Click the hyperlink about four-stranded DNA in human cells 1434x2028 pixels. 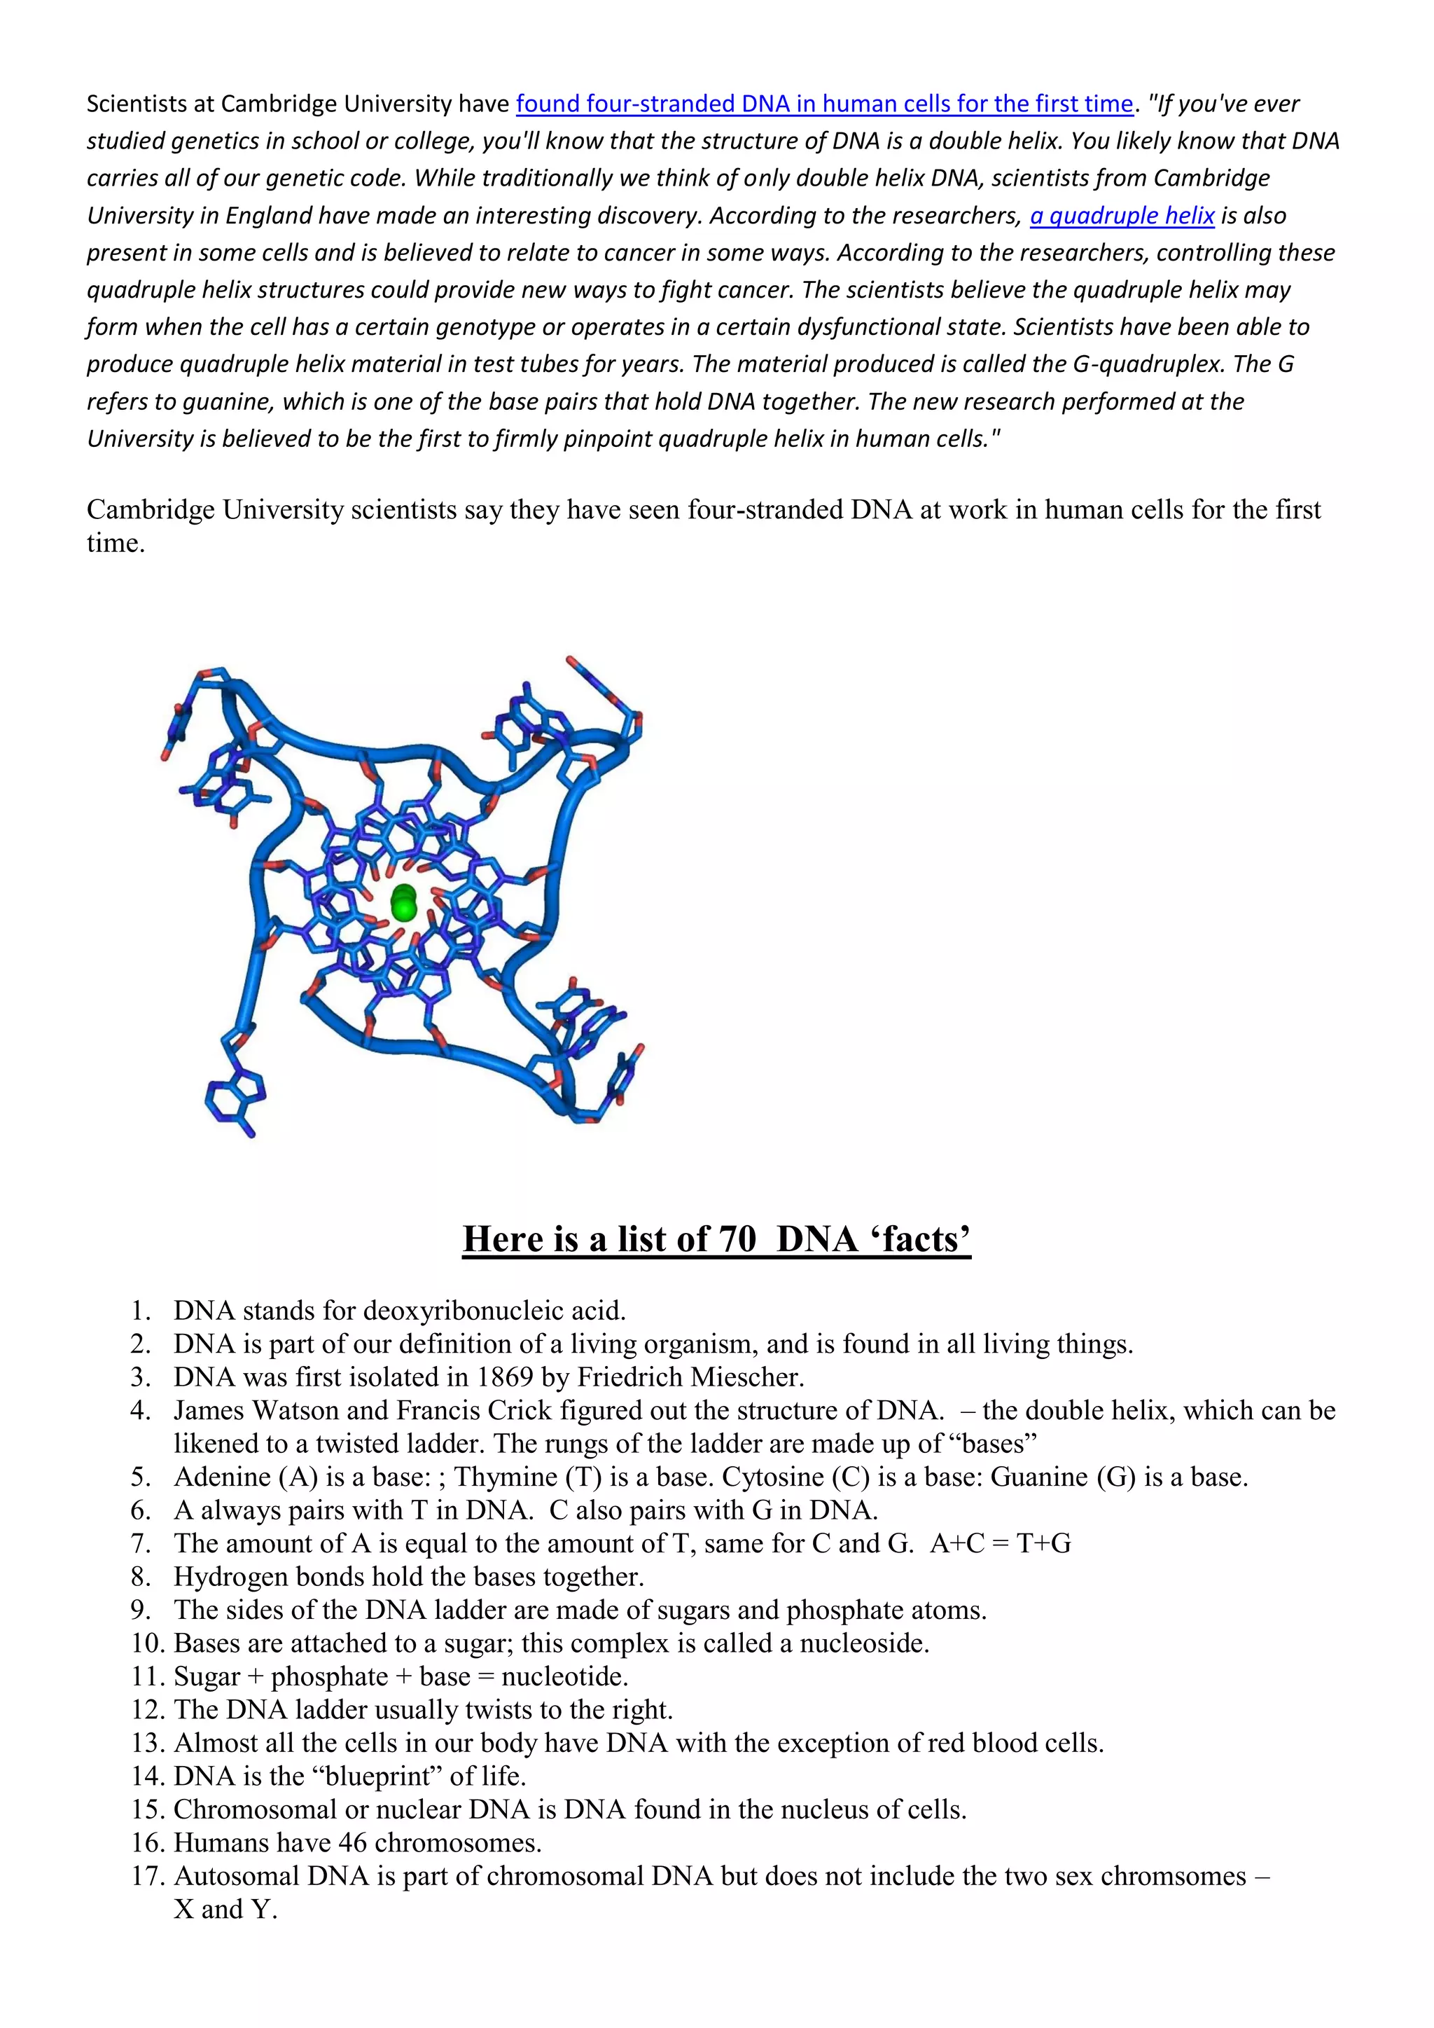pyautogui.click(x=824, y=104)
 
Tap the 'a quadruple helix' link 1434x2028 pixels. pyautogui.click(x=1122, y=216)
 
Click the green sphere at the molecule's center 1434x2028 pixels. pyautogui.click(x=403, y=903)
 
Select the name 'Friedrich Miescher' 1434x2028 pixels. pyautogui.click(x=690, y=1377)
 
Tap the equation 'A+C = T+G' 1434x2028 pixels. pyautogui.click(x=1000, y=1543)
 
